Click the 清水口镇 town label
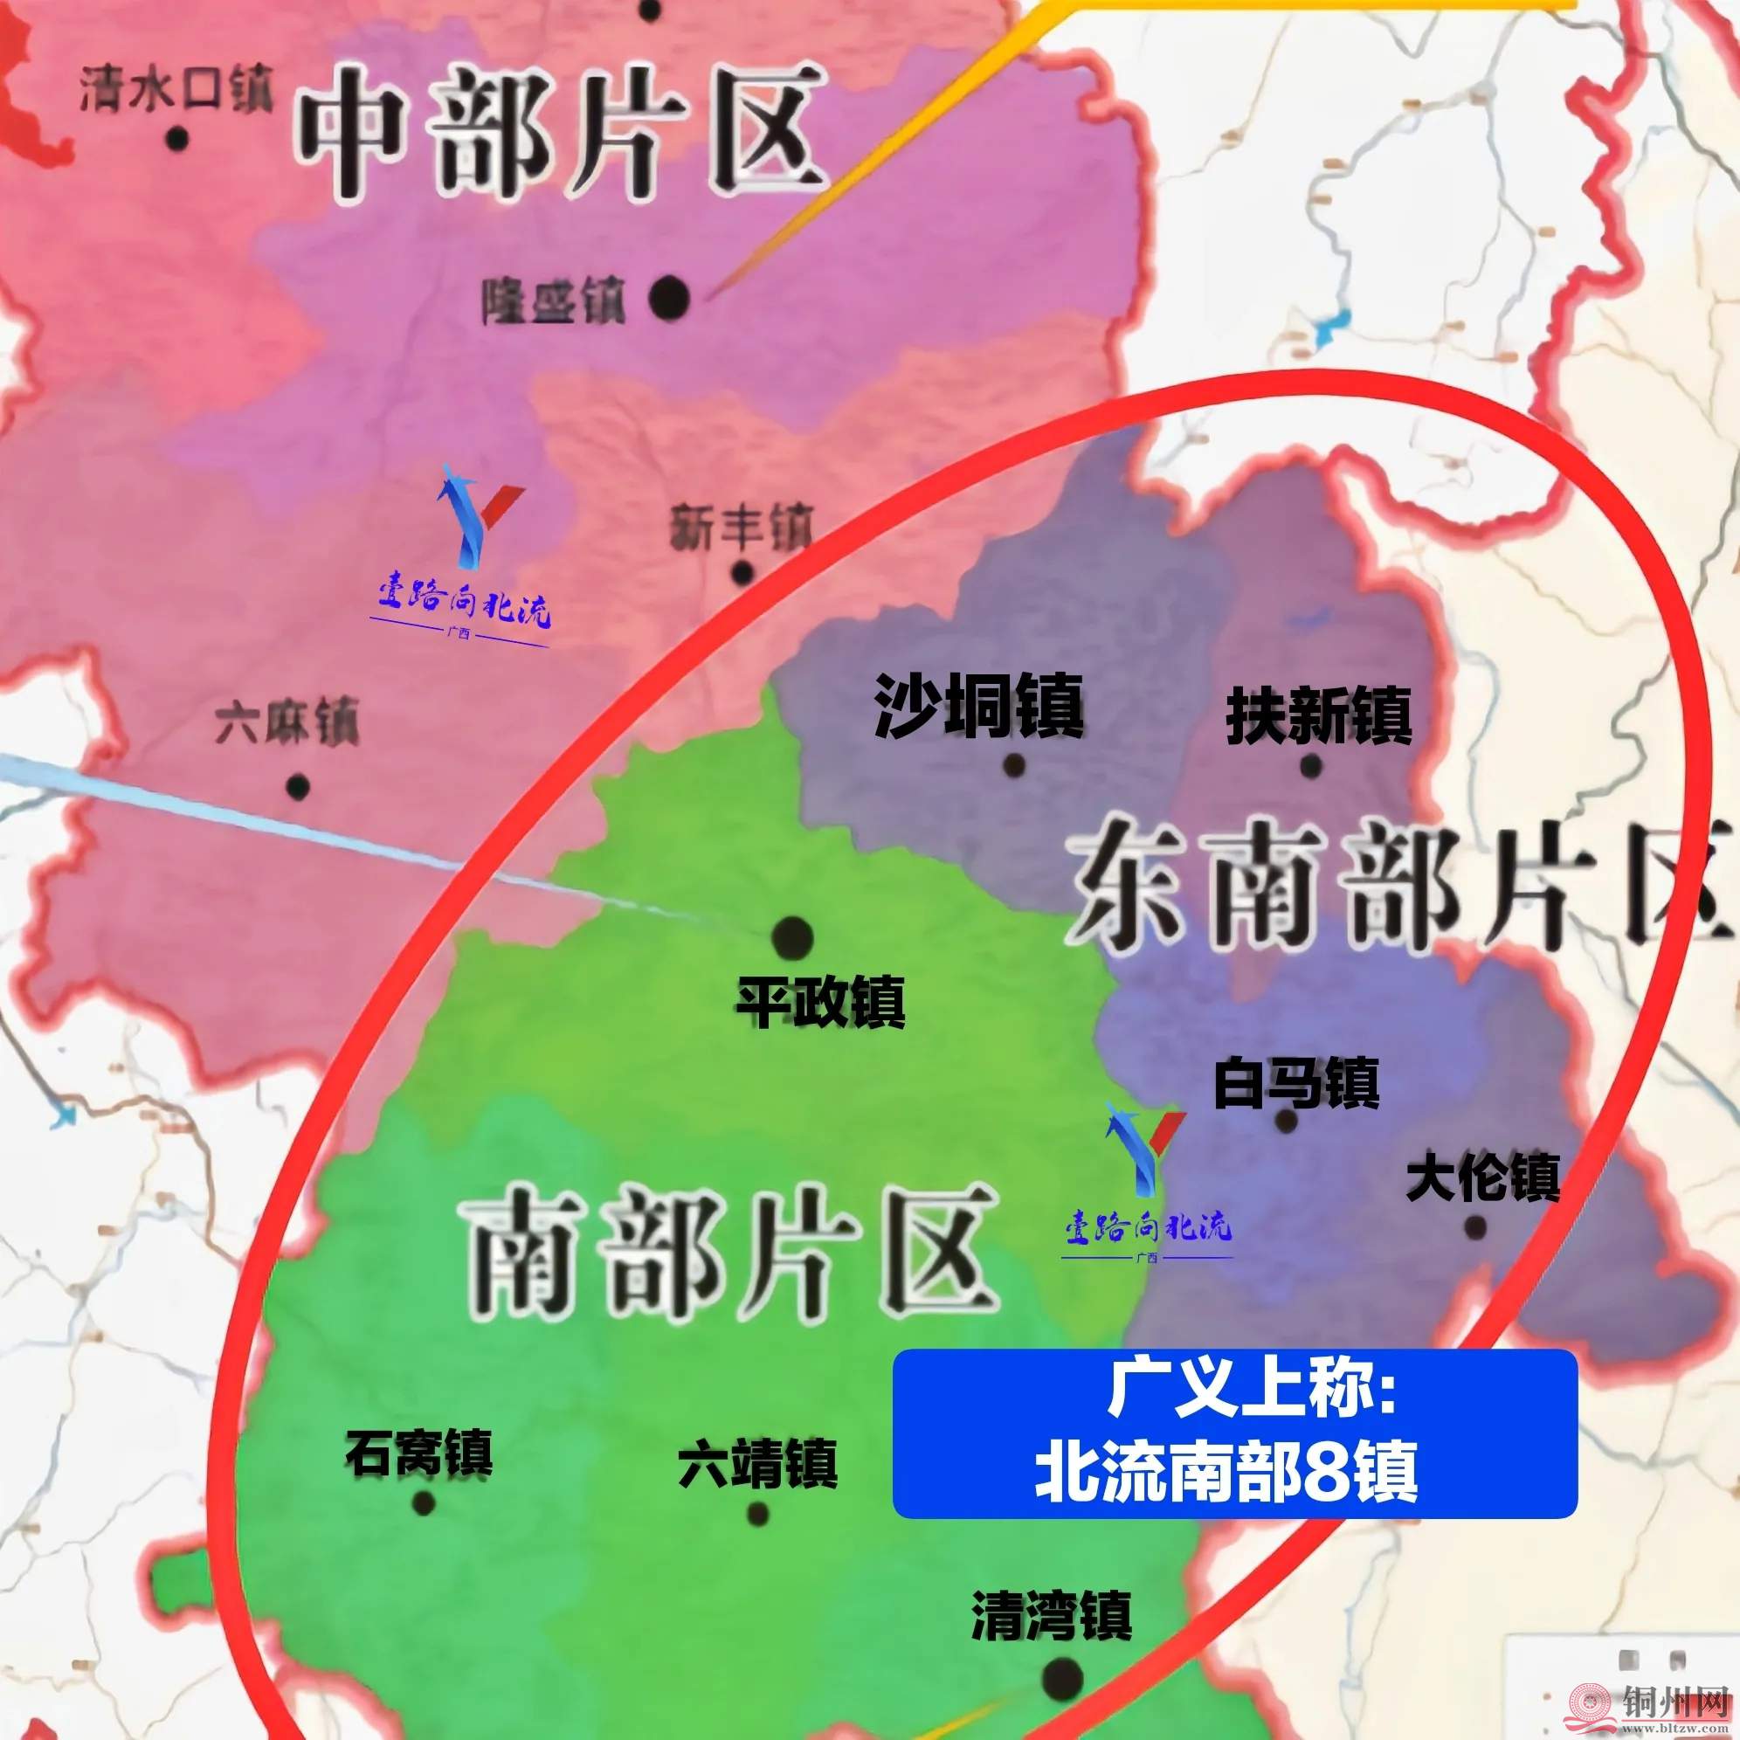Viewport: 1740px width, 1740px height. point(176,90)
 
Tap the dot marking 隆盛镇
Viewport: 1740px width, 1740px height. point(669,297)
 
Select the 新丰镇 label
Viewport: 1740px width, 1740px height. point(741,528)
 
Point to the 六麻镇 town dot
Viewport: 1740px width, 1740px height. point(298,786)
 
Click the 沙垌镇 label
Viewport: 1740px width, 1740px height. point(979,707)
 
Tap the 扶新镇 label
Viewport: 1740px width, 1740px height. point(1317,716)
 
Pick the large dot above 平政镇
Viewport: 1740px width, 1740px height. point(792,937)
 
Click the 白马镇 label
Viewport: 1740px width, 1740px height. point(1296,1083)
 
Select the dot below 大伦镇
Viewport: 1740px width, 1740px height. point(1475,1226)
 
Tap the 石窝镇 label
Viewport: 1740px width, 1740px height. point(418,1453)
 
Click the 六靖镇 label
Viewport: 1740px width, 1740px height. point(758,1463)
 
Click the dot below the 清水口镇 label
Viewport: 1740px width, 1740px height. point(177,139)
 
